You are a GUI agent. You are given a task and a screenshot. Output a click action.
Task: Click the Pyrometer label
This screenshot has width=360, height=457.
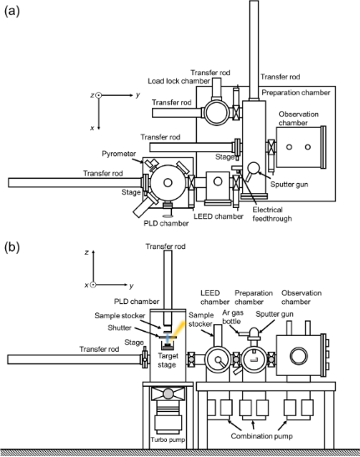pyautogui.click(x=119, y=154)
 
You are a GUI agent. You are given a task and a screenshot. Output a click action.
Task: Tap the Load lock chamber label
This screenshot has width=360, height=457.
pyautogui.click(x=179, y=81)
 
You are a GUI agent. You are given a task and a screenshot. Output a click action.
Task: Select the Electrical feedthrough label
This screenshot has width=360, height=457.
pyautogui.click(x=272, y=214)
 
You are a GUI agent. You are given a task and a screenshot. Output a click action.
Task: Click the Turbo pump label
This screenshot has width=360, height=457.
pyautogui.click(x=168, y=439)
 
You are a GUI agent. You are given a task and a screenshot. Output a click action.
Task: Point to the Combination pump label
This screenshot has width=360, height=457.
pyautogui.click(x=261, y=436)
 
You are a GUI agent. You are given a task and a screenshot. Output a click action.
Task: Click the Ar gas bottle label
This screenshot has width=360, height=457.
pyautogui.click(x=232, y=317)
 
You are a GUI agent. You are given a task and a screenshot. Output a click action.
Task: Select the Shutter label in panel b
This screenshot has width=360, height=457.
pyautogui.click(x=119, y=328)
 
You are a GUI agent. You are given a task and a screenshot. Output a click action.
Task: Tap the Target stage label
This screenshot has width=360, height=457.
pyautogui.click(x=168, y=360)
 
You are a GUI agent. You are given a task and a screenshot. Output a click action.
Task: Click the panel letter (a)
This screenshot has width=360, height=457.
pyautogui.click(x=12, y=11)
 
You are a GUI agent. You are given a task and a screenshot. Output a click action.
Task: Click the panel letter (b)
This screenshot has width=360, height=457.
pyautogui.click(x=12, y=247)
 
